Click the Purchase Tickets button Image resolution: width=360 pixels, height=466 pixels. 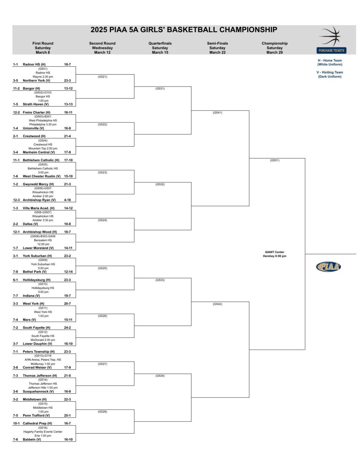click(331, 50)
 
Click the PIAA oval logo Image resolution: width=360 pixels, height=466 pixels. click(328, 267)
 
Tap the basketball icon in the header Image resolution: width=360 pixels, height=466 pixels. click(330, 36)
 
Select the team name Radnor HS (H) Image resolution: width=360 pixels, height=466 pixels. click(34, 65)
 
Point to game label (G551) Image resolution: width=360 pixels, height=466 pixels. click(274, 161)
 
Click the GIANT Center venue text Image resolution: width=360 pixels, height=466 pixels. click(274, 252)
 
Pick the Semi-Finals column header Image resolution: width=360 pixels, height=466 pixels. click(217, 44)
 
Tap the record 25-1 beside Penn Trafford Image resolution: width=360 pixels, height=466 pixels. click(67, 416)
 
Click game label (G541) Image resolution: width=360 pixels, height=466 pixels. click(217, 113)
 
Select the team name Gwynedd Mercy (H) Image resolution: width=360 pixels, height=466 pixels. click(38, 184)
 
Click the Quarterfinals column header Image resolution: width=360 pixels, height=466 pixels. click(160, 44)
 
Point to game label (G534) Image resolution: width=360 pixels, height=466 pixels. click(160, 376)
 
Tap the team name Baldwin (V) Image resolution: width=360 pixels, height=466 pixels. click(32, 440)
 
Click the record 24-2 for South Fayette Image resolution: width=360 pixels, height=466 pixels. click(67, 328)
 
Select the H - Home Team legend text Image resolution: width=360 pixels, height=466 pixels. click(330, 61)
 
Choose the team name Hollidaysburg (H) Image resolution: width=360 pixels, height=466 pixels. click(37, 280)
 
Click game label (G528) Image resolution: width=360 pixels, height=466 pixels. click(102, 412)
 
